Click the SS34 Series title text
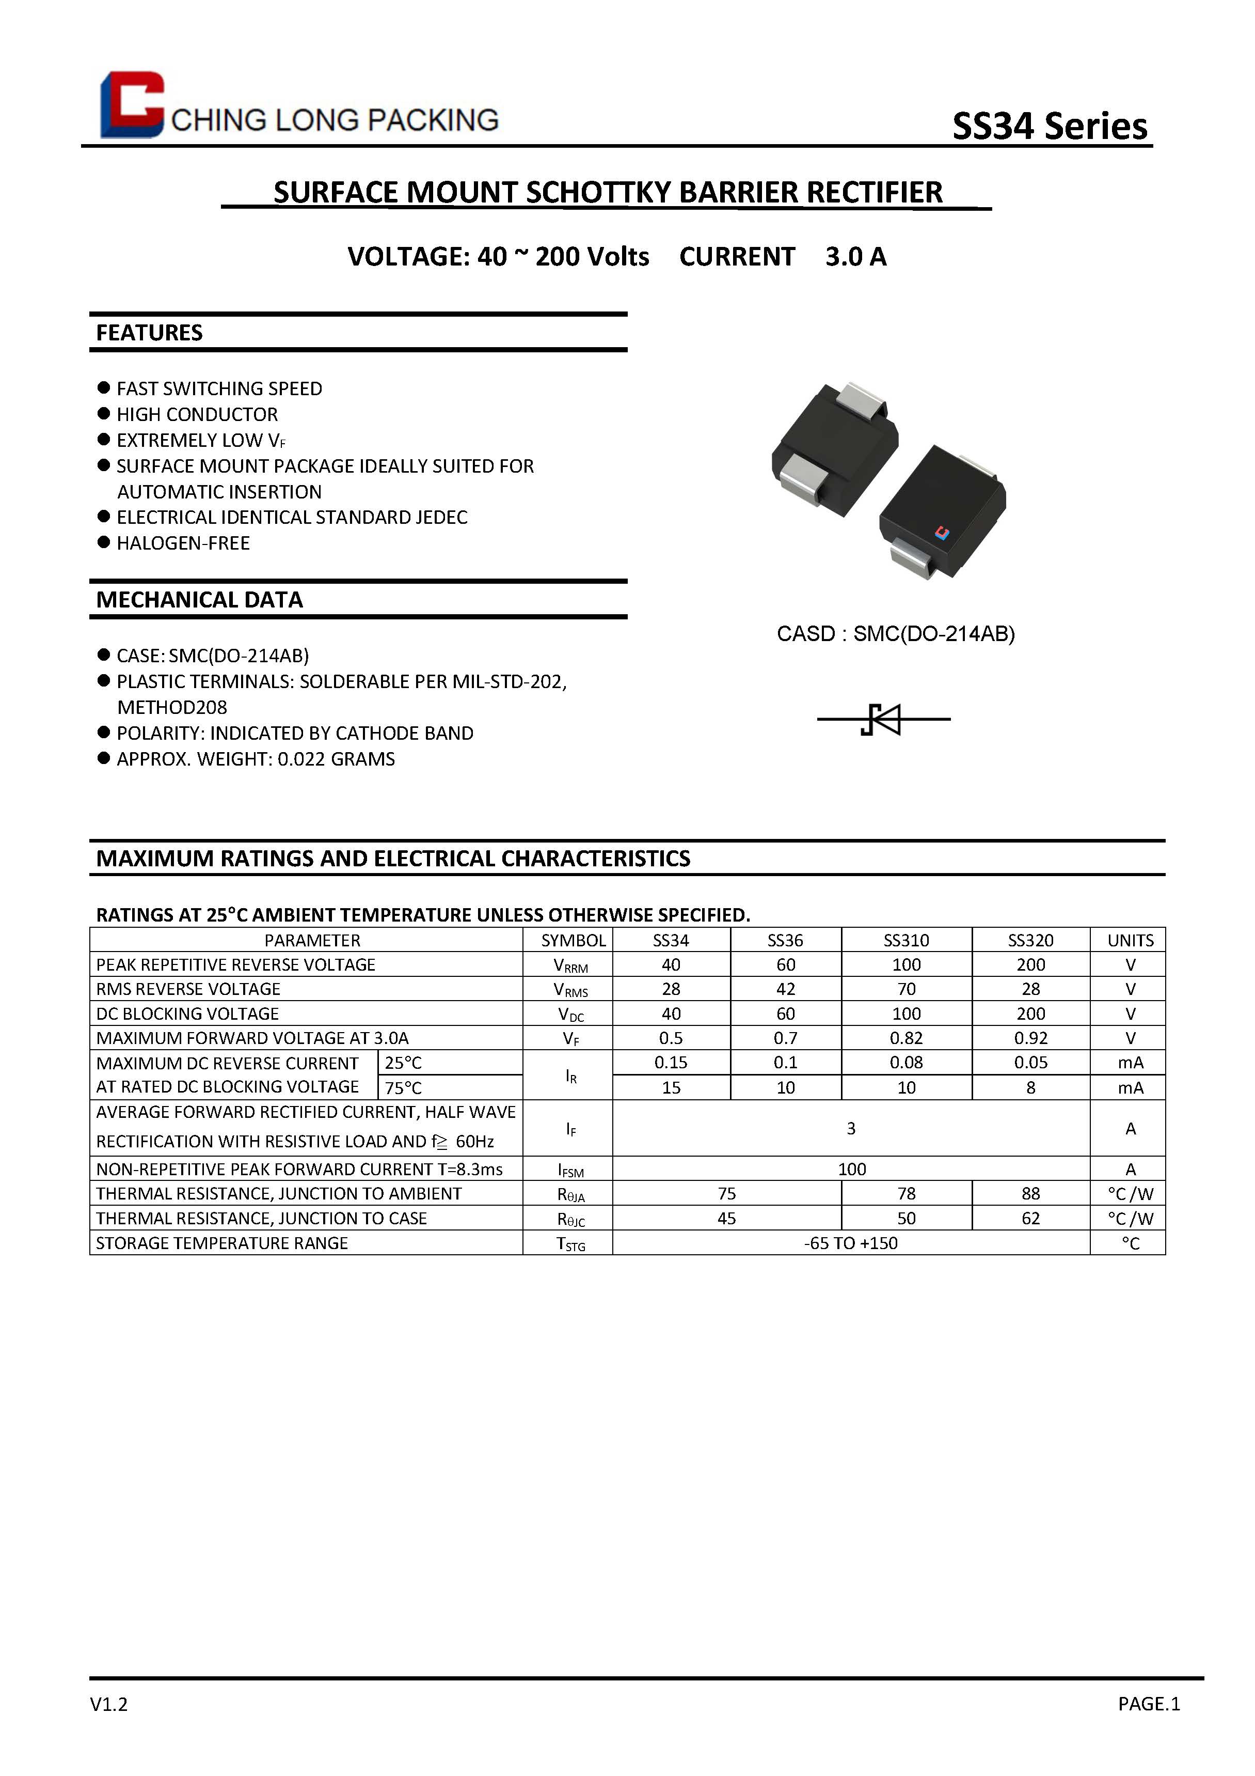1050,126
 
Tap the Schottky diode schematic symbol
884,720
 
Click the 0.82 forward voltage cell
905,1038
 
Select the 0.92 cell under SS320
1031,1038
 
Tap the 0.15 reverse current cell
671,1063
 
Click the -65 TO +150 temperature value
851,1243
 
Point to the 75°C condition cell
404,1087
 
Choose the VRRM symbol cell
570,965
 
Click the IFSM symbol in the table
570,1170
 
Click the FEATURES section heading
149,333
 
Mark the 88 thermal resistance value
1031,1193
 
